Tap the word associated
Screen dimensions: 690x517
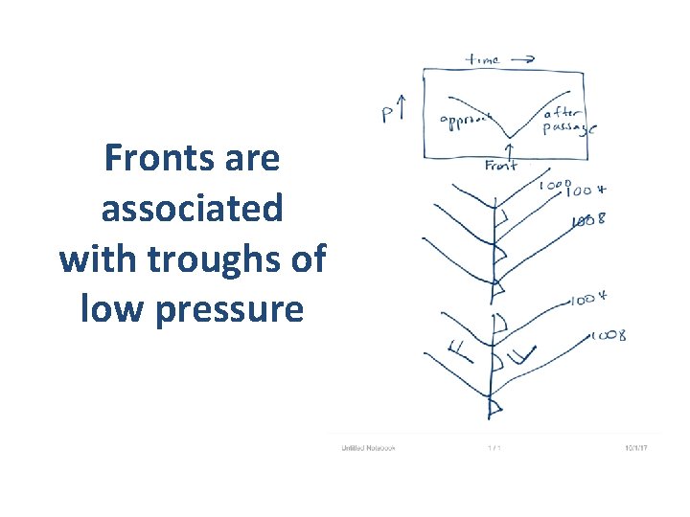(193, 208)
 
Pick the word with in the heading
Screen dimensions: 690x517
(91, 258)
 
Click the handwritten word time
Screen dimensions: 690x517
(482, 59)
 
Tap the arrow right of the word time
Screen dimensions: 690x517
(522, 59)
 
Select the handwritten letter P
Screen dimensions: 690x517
(389, 116)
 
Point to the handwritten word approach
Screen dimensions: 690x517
(465, 121)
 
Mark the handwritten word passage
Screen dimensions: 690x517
(568, 128)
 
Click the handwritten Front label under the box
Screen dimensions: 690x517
(500, 166)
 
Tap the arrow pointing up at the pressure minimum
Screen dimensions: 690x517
(509, 150)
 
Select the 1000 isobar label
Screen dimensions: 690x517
(554, 185)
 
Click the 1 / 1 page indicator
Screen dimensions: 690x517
(494, 447)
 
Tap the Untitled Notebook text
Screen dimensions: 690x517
(368, 447)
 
